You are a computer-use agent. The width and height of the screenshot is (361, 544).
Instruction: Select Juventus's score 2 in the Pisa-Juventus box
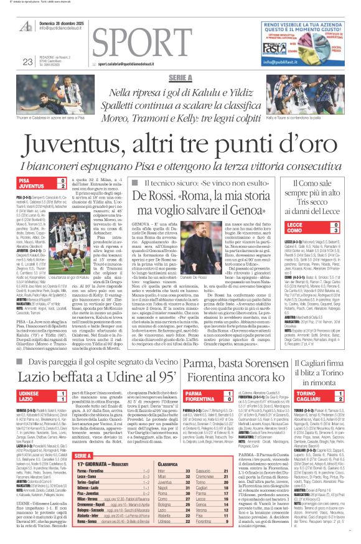pyautogui.click(x=62, y=186)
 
